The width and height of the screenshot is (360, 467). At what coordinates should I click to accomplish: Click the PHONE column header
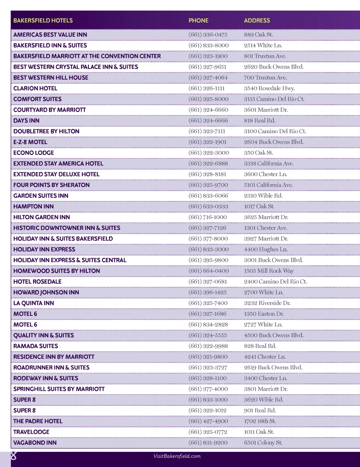198,20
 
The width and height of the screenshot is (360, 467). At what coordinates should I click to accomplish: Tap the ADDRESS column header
257,20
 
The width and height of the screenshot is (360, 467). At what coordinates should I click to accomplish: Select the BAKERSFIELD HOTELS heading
43,20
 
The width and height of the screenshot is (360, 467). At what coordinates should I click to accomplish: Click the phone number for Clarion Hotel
206,88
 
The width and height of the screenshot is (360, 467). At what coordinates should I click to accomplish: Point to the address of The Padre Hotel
260,421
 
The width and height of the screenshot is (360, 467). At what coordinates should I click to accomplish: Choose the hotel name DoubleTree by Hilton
46,131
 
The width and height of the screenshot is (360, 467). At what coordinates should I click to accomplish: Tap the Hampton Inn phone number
208,206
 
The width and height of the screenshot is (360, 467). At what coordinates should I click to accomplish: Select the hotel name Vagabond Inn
35,443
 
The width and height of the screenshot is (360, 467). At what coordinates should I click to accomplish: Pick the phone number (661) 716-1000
208,217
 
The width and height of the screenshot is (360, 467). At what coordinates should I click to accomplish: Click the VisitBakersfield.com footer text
177,456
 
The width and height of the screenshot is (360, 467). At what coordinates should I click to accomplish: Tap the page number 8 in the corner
13,456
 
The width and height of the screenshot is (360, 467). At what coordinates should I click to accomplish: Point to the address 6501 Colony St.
263,443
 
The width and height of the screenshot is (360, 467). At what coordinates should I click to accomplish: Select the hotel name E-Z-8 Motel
30,142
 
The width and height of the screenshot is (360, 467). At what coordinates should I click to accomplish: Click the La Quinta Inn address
267,303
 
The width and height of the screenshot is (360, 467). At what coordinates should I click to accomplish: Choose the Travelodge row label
31,432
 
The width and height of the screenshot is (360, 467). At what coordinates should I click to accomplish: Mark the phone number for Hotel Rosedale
208,281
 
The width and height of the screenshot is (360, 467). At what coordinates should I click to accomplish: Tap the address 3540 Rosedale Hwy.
269,88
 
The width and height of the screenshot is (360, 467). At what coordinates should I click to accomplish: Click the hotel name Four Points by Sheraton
51,185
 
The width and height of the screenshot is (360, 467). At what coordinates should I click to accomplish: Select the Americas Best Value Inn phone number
208,34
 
